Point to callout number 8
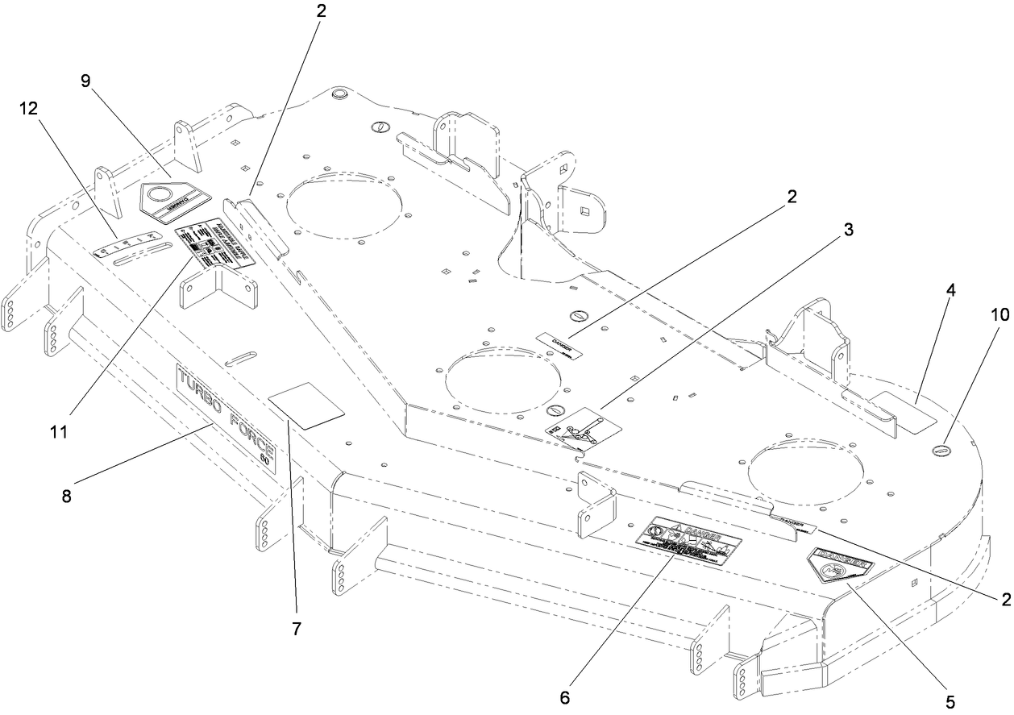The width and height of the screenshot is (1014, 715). (66, 497)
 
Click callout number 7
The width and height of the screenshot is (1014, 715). (297, 630)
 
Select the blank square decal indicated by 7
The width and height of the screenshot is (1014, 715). (306, 404)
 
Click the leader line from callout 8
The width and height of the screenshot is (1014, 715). (137, 463)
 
